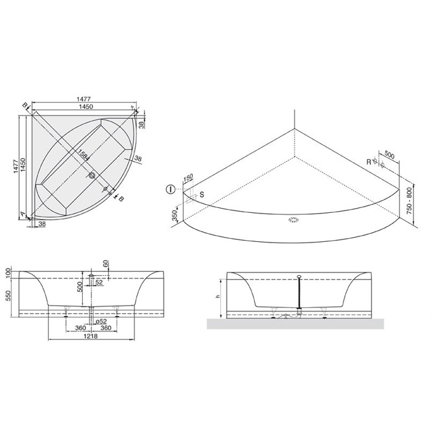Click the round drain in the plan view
(x=92, y=175)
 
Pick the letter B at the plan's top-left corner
(x=25, y=106)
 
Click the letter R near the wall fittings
(x=368, y=162)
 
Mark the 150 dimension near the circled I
(x=188, y=177)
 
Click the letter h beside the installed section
(x=217, y=296)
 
